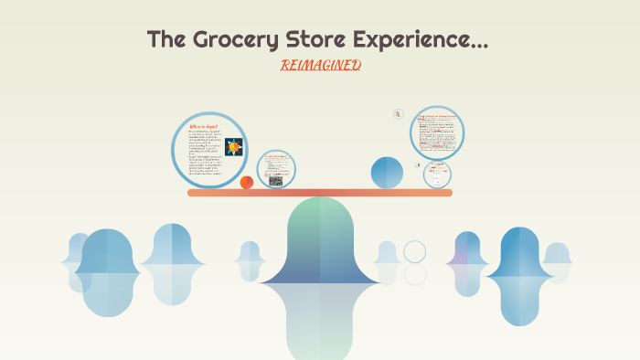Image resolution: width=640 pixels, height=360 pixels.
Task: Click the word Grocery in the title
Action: click(222, 40)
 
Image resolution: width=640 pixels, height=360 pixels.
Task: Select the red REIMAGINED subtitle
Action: click(320, 65)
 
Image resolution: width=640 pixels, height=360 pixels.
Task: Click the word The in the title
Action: click(165, 40)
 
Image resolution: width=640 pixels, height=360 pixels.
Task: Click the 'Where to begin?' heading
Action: click(201, 127)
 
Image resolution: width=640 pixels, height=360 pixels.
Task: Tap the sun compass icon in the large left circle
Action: click(233, 146)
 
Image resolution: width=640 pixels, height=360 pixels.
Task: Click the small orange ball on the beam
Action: click(247, 183)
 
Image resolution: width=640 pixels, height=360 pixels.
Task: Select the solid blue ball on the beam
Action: click(387, 173)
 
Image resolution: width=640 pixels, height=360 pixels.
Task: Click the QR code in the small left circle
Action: click(275, 181)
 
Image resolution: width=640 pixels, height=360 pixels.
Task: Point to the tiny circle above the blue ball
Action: click(399, 114)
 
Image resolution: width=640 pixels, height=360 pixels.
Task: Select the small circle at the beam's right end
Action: click(438, 175)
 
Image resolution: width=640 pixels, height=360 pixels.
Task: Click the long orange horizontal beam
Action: click(320, 193)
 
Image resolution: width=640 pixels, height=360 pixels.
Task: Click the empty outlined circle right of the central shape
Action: click(415, 251)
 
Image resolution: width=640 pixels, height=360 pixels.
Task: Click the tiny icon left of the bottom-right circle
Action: click(419, 165)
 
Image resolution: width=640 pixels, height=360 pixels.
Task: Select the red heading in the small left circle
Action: click(275, 157)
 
